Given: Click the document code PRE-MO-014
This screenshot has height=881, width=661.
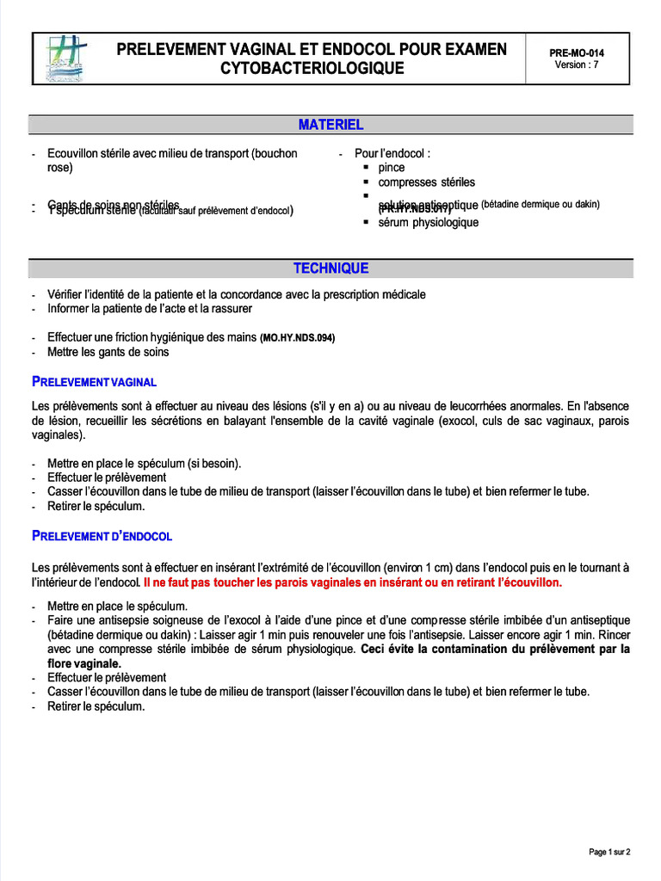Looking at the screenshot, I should click(x=576, y=52).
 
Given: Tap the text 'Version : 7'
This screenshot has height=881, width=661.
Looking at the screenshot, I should click(x=576, y=65).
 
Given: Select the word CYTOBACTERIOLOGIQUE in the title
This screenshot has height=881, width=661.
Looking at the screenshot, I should click(x=312, y=68).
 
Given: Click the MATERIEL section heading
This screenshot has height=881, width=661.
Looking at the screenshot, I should click(x=330, y=125).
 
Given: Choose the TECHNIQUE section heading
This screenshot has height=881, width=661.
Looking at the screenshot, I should click(x=330, y=268).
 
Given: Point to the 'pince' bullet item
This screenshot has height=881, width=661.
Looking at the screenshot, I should click(x=391, y=168).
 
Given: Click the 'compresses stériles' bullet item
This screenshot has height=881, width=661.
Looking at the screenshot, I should click(x=426, y=182).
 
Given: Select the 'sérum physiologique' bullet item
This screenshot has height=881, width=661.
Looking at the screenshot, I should click(x=428, y=223).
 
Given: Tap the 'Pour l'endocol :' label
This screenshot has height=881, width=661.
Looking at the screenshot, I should click(x=392, y=153).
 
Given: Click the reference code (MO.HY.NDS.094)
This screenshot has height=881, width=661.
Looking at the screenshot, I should click(x=297, y=338).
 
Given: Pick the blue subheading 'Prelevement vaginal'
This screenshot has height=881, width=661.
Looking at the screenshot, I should click(x=94, y=381).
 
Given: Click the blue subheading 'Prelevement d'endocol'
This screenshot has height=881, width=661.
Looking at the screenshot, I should click(x=102, y=536).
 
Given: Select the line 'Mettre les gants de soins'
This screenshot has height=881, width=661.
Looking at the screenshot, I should click(x=108, y=352).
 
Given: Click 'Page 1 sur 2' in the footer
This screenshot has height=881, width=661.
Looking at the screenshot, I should click(x=608, y=852).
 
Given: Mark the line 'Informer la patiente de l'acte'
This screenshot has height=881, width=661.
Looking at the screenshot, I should click(x=150, y=308).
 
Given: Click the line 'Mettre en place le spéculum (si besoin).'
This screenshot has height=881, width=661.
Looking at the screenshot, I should click(x=145, y=463).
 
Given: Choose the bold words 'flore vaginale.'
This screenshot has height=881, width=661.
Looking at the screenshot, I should click(x=84, y=663).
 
